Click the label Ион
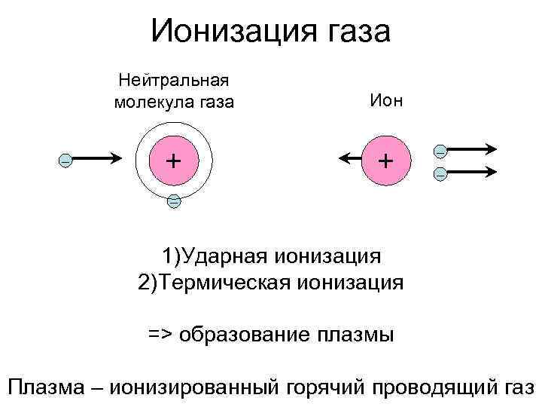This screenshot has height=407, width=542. tap(385, 100)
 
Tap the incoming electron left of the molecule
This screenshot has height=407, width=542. tap(65, 161)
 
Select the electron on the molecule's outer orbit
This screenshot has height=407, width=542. tap(174, 201)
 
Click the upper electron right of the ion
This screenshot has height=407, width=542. tap(440, 151)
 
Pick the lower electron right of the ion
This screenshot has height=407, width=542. tap(440, 175)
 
